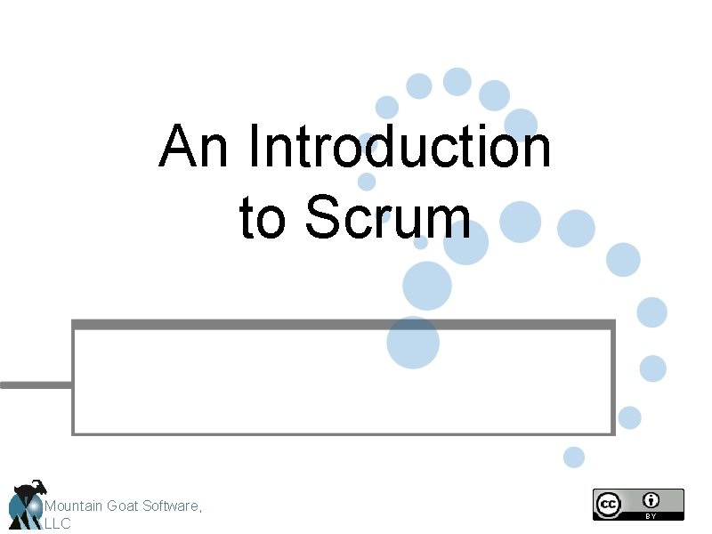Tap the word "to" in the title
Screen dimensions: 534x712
click(263, 217)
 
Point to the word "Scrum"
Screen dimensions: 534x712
click(388, 217)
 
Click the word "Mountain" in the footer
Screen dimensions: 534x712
click(74, 506)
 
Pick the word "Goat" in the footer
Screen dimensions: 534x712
click(124, 506)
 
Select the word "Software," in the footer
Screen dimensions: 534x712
click(174, 506)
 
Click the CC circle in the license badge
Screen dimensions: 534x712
click(608, 503)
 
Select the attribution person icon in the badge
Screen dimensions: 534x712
click(652, 499)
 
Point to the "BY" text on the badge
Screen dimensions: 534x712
click(652, 515)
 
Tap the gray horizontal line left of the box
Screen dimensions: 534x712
click(36, 384)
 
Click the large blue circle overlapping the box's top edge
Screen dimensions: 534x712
click(413, 343)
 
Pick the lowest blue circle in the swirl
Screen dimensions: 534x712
click(574, 457)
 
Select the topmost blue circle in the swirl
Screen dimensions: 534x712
click(457, 82)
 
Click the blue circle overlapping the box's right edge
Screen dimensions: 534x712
click(629, 417)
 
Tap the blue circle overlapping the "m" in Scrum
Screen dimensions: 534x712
click(465, 241)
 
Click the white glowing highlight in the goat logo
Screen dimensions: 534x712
click(34, 506)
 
